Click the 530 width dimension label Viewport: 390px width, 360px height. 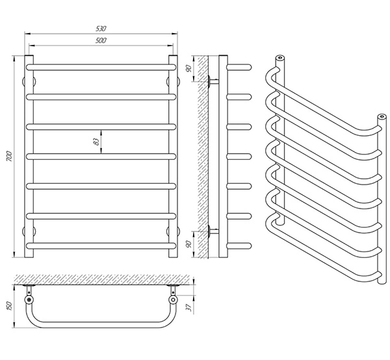tap(101, 29)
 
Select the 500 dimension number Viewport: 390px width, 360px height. tap(101, 40)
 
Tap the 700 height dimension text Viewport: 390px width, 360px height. tap(9, 156)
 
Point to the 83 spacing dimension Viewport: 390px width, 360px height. tap(96, 142)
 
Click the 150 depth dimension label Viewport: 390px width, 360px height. tap(9, 306)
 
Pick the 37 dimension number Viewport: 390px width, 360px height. tap(190, 307)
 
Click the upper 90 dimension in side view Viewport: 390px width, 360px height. tap(188, 68)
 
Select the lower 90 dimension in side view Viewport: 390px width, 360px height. tap(188, 244)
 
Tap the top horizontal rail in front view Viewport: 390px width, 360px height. tap(101, 68)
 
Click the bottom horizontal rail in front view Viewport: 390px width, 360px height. tap(101, 246)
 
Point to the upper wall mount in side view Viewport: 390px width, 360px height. tap(213, 81)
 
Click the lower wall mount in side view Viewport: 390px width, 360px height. tap(213, 231)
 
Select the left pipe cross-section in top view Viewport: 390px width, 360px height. tap(29, 300)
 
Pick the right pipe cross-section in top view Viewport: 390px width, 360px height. tap(173, 300)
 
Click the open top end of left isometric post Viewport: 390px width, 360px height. tap(279, 58)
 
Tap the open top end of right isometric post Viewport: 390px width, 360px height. tap(382, 116)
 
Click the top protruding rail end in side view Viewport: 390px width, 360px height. tap(239, 68)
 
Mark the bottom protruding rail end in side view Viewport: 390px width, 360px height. tap(239, 246)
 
